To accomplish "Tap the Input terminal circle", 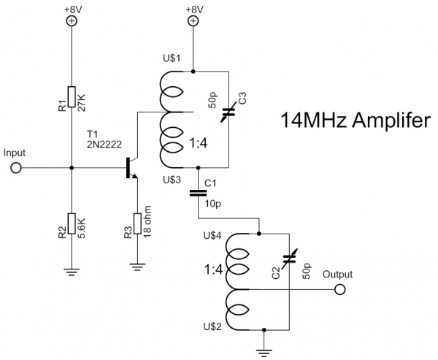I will (x=15, y=168).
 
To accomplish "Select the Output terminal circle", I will (x=339, y=290).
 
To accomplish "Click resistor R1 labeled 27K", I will (x=72, y=97).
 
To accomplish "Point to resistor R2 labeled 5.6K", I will (x=72, y=223).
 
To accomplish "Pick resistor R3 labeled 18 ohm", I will (x=137, y=223).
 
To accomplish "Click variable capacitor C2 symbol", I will (x=290, y=258).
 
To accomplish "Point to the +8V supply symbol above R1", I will (x=72, y=21).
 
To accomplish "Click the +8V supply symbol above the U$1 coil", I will (x=193, y=21).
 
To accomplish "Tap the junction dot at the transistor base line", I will (x=72, y=168).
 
